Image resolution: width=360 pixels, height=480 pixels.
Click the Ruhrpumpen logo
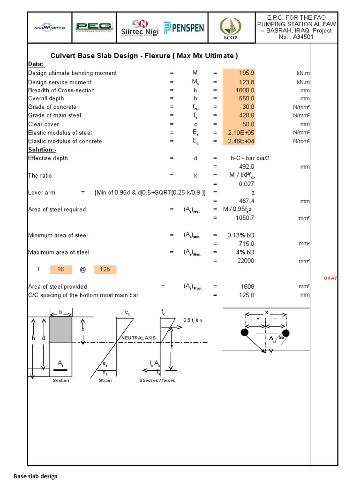coord(49,27)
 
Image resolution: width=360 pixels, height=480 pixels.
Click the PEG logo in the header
coord(94,27)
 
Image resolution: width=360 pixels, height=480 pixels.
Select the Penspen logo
coord(184,27)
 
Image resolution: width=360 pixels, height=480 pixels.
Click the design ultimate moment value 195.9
coord(240,73)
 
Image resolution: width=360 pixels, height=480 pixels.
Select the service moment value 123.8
coord(240,82)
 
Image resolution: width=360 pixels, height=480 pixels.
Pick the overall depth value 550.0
coord(240,98)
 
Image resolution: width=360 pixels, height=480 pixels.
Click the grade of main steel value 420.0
coord(240,115)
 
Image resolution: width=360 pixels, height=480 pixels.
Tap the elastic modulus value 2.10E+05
coord(240,133)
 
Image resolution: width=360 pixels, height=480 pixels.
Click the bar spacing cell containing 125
coord(105,270)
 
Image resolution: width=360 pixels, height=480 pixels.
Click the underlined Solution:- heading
coord(42,150)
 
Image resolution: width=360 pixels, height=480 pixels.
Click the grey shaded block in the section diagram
coord(61,330)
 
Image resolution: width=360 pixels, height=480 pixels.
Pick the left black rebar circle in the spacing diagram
coord(244,333)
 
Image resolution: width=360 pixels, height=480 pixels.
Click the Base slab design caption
coord(36,476)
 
